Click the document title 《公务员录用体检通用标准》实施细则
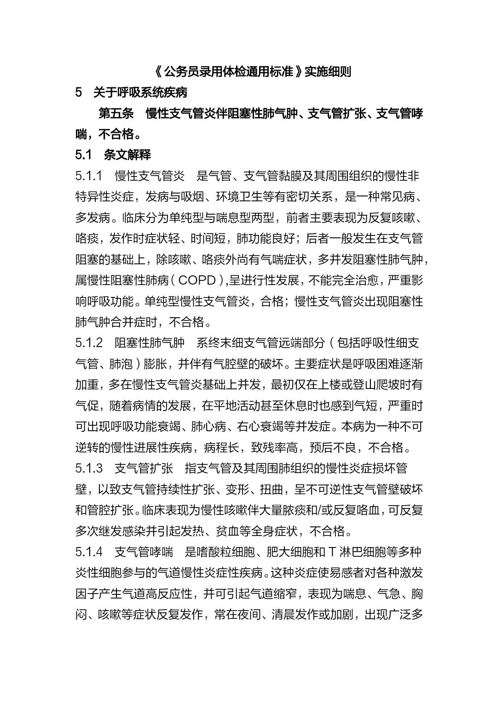pyautogui.click(x=252, y=72)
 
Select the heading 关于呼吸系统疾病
pyautogui.click(x=140, y=92)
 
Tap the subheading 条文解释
pyautogui.click(x=127, y=155)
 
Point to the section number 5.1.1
pyautogui.click(x=89, y=176)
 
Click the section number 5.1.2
pyautogui.click(x=89, y=343)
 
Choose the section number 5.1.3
pyautogui.click(x=89, y=468)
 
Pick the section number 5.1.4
pyautogui.click(x=89, y=552)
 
